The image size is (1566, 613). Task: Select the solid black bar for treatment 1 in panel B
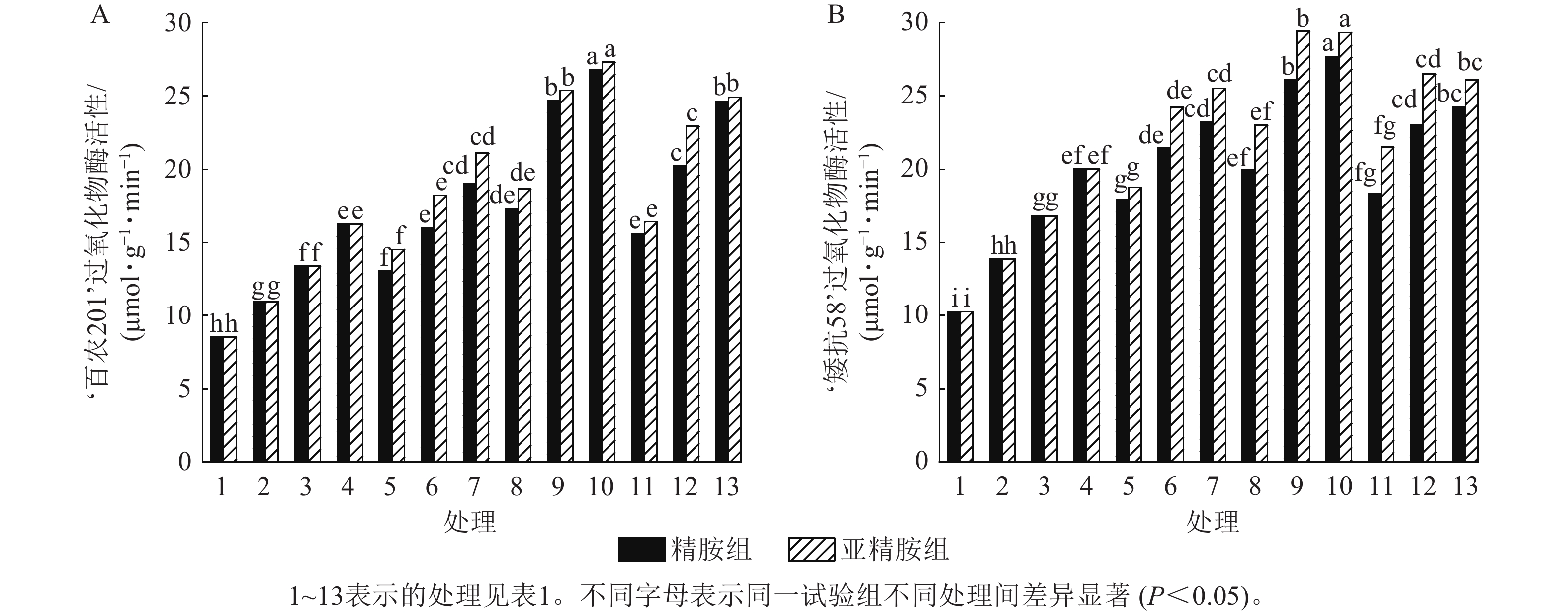(955, 386)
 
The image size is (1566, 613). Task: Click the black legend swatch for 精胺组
(641, 549)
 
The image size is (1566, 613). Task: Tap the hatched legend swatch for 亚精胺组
(811, 549)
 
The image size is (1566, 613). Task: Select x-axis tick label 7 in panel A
(474, 487)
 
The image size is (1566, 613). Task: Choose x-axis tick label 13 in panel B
(1465, 487)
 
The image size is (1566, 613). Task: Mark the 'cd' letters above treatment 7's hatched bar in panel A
(483, 136)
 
